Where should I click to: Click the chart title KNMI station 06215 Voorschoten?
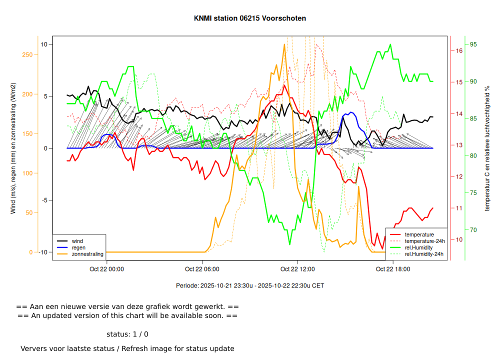pyautogui.click(x=250, y=18)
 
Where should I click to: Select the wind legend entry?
pyautogui.click(x=77, y=241)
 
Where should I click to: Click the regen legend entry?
pyautogui.click(x=78, y=247)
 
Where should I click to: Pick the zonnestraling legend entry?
pyautogui.click(x=87, y=254)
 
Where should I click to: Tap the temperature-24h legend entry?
pyautogui.click(x=423, y=241)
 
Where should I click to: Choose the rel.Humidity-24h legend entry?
pyautogui.click(x=424, y=254)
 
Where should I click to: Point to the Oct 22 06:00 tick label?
pyautogui.click(x=202, y=269)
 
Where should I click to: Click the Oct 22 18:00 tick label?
pyautogui.click(x=393, y=269)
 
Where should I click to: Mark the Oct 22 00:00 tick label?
pyautogui.click(x=107, y=269)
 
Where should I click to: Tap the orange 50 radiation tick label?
pyautogui.click(x=28, y=213)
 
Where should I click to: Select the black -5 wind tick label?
pyautogui.click(x=43, y=200)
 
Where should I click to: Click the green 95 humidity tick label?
pyautogui.click(x=473, y=44)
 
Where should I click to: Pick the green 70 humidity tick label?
pyautogui.click(x=473, y=230)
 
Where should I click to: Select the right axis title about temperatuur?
pyautogui.click(x=487, y=148)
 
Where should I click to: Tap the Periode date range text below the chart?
pyautogui.click(x=250, y=285)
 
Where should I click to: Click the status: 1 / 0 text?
pyautogui.click(x=127, y=334)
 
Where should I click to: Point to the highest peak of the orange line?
pyautogui.click(x=284, y=44)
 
